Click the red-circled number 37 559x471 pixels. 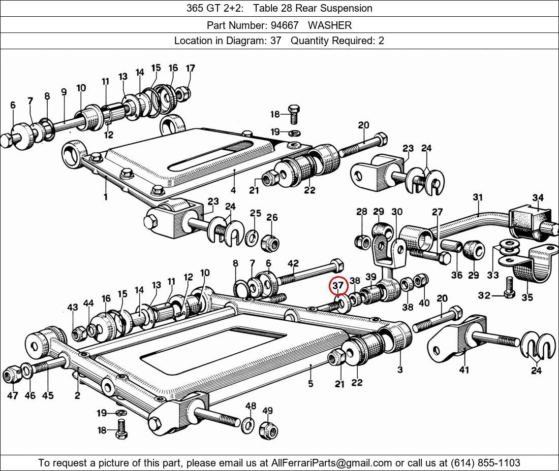point(338,286)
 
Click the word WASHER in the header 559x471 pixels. point(329,25)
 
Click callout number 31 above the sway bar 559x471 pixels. point(478,197)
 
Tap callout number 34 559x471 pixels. point(538,197)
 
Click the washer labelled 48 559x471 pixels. point(249,424)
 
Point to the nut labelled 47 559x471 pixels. point(12,375)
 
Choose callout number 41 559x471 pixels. point(464,370)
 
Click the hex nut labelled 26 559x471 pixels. point(269,243)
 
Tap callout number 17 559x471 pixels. point(191,68)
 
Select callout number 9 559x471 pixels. point(64,92)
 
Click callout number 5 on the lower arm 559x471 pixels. point(310,384)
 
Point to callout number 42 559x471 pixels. point(293,263)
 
